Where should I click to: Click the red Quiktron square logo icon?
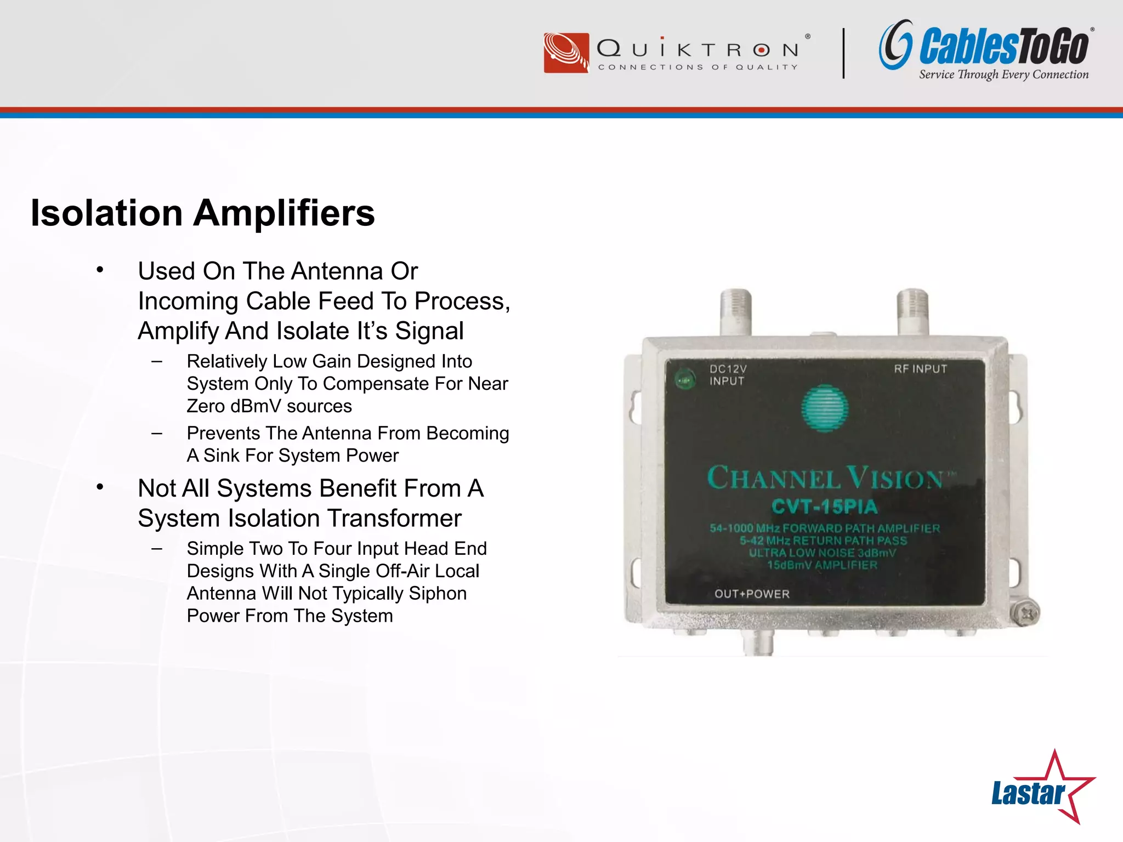click(566, 53)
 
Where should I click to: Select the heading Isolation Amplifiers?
click(202, 213)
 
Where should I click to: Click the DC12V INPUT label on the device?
click(728, 375)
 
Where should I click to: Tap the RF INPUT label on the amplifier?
click(920, 369)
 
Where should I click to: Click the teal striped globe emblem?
click(824, 408)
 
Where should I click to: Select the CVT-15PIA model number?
click(824, 507)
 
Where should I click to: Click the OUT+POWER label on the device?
click(752, 594)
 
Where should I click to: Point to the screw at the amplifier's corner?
click(1025, 613)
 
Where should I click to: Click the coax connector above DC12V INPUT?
click(735, 311)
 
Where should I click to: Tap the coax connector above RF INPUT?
click(912, 311)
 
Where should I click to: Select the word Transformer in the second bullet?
click(395, 518)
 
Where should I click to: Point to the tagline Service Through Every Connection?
click(1003, 75)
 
